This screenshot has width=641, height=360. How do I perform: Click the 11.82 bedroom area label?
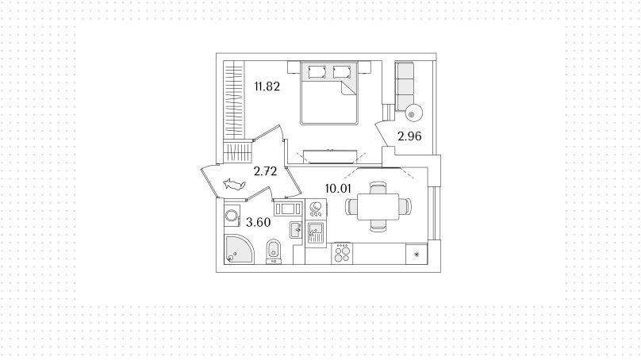click(267, 86)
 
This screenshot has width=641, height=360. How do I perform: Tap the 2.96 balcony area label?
click(409, 136)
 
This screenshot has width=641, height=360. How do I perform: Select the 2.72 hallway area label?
click(265, 171)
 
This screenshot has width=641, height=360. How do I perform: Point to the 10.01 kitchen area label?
click(338, 189)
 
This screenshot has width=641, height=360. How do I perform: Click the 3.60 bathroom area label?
click(259, 222)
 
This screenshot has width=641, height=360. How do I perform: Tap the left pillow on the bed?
click(317, 72)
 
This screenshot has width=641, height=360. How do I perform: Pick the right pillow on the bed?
click(342, 72)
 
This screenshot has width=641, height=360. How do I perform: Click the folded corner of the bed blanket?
click(348, 87)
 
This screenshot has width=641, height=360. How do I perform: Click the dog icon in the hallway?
click(234, 184)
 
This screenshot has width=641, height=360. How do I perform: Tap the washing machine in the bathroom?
click(232, 216)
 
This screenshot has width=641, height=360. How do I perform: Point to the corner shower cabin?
click(239, 249)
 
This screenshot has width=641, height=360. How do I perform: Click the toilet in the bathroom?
click(273, 251)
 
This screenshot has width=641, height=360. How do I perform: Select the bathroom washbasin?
click(296, 230)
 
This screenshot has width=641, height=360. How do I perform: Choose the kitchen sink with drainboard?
click(315, 232)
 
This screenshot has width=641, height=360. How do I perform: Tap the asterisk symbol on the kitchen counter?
click(416, 255)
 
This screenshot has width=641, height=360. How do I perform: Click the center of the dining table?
click(378, 207)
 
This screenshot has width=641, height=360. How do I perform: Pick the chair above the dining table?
click(378, 188)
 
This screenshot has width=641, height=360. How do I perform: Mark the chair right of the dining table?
click(405, 206)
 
